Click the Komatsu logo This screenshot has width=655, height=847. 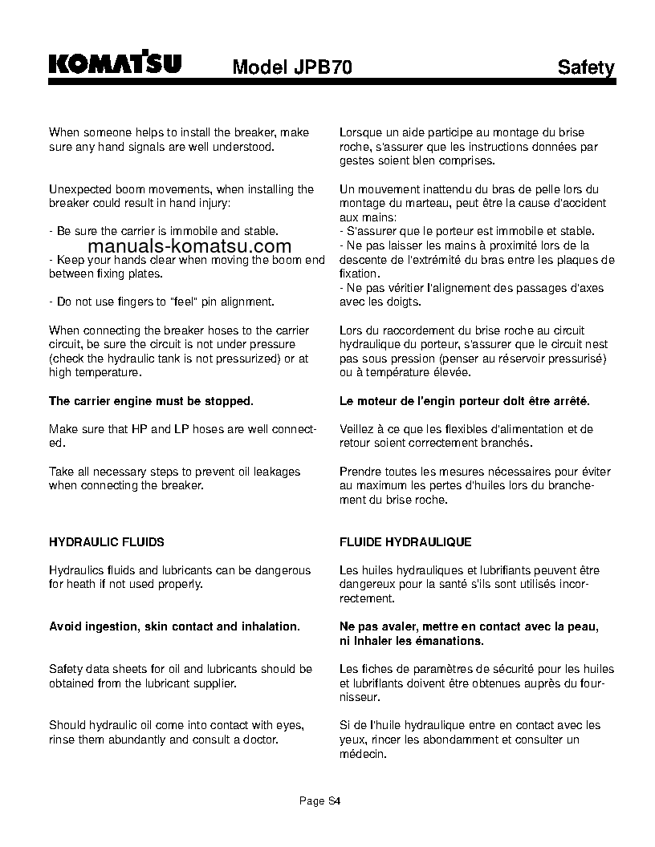tap(115, 63)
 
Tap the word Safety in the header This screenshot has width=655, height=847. tap(586, 68)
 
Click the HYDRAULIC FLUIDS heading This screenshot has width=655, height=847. tap(107, 542)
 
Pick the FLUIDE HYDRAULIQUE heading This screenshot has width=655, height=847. tap(405, 542)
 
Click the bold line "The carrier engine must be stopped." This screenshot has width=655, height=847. tap(151, 401)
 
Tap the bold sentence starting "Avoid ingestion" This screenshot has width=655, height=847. tap(174, 626)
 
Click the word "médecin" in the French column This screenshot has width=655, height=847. tap(363, 755)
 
